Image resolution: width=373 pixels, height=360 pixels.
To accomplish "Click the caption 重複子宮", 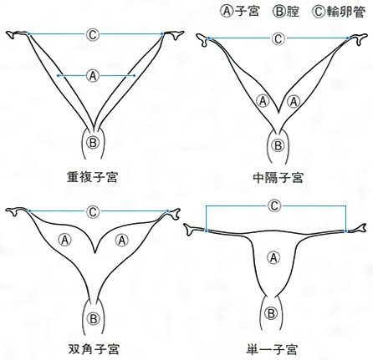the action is [x=92, y=177].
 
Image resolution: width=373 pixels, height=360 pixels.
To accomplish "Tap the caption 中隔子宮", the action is [x=278, y=178].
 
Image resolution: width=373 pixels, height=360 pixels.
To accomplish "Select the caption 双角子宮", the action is [x=94, y=349].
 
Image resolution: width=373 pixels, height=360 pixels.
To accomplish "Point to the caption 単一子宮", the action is [x=272, y=349].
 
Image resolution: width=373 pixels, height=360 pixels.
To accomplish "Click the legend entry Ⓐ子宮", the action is [x=240, y=12].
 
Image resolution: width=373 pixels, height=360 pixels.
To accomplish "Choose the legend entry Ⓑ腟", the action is [x=286, y=12].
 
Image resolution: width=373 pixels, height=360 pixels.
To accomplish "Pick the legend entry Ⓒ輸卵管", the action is [x=339, y=12].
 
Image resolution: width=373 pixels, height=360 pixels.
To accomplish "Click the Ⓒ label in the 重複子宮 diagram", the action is [x=93, y=34].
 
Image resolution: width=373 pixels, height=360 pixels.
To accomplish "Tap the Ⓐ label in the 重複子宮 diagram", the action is [x=93, y=75].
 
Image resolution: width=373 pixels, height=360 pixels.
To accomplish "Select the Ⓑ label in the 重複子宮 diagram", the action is [x=93, y=143].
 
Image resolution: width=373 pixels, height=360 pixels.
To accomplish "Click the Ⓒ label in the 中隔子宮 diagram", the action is [x=278, y=38].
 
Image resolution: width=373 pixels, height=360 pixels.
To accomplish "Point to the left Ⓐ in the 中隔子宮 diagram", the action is [x=263, y=101].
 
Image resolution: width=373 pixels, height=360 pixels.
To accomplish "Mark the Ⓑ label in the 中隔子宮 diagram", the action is [x=278, y=145].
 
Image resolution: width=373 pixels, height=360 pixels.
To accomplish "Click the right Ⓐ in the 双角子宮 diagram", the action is [x=122, y=240].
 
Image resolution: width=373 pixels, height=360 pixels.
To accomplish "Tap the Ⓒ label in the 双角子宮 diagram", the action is [x=93, y=211].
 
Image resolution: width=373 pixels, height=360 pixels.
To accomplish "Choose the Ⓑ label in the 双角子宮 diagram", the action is [x=94, y=318].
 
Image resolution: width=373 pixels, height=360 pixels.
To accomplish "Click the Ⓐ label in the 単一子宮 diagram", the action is [x=273, y=257].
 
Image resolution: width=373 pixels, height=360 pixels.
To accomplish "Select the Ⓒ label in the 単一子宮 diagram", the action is [x=274, y=206].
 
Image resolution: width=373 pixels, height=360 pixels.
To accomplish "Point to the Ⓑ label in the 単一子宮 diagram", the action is [x=271, y=314].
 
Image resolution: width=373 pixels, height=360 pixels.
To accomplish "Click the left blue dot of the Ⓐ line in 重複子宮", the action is [x=58, y=75].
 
